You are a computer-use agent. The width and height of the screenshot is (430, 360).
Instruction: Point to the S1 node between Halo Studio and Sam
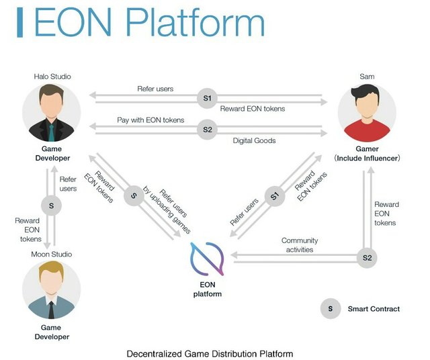click(207, 98)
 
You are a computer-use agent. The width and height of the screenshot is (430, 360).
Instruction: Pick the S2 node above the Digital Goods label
click(207, 129)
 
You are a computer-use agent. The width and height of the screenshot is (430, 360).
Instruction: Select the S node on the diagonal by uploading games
click(134, 196)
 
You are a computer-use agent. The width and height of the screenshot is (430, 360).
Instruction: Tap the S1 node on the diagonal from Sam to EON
click(274, 196)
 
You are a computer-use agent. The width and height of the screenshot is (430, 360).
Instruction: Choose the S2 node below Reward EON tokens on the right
click(367, 257)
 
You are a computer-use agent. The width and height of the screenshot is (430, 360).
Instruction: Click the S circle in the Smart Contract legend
click(330, 309)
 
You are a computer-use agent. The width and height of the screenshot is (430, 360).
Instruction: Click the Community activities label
click(300, 245)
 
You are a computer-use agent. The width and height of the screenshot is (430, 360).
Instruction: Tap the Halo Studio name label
click(51, 77)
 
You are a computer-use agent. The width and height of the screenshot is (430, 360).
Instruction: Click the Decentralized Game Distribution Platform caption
click(210, 353)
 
